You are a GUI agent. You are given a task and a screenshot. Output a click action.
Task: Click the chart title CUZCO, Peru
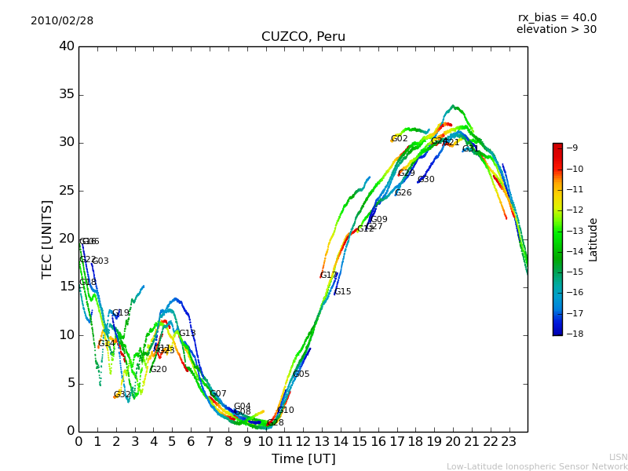point(303,37)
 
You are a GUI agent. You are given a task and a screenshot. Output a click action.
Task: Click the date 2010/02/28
point(62,20)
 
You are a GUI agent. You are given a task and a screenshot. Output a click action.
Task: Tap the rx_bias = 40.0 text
point(557,17)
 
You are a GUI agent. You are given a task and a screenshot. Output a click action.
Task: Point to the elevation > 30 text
point(556,30)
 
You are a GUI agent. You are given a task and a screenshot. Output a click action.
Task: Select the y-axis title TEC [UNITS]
point(47,239)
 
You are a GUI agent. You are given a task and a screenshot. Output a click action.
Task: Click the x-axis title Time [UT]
point(303,459)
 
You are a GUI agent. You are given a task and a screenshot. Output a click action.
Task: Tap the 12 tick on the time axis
point(303,441)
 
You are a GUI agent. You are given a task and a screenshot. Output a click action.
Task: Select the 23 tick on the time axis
point(509,441)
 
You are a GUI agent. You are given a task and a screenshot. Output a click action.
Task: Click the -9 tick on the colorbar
point(572,148)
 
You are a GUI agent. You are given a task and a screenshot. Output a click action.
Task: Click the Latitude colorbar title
point(593,239)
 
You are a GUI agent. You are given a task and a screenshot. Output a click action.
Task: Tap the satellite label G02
point(399,139)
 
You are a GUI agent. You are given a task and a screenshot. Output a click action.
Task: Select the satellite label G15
point(342,292)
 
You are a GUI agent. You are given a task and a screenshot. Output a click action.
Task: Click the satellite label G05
point(301,374)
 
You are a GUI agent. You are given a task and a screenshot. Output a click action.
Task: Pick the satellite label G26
point(403,193)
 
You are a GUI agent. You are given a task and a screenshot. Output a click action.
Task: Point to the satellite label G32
point(122,395)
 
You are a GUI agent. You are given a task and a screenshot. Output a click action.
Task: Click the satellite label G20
point(158,370)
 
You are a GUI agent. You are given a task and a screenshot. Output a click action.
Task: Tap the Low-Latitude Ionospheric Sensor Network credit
point(537,466)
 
